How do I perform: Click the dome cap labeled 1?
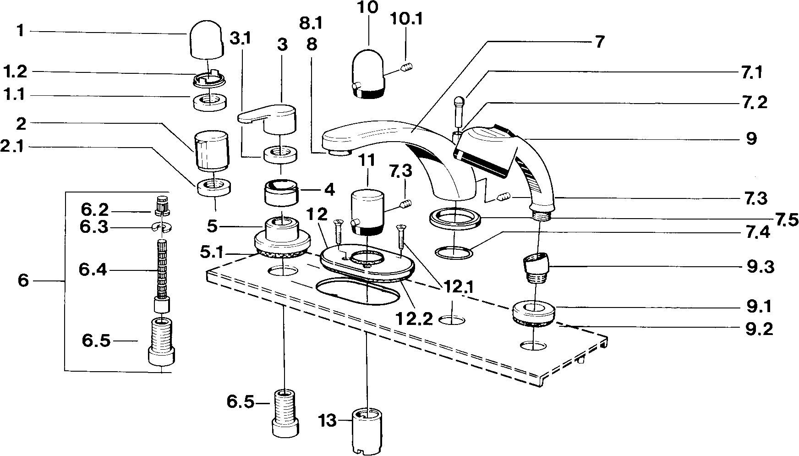coord(205,41)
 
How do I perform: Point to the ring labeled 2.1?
coord(213,187)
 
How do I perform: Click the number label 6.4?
coord(93,270)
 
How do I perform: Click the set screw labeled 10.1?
coord(407,69)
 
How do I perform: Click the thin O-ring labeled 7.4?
coord(454,252)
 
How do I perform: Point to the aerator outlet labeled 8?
coord(340,152)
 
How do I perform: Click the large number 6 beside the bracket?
coord(23,280)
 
